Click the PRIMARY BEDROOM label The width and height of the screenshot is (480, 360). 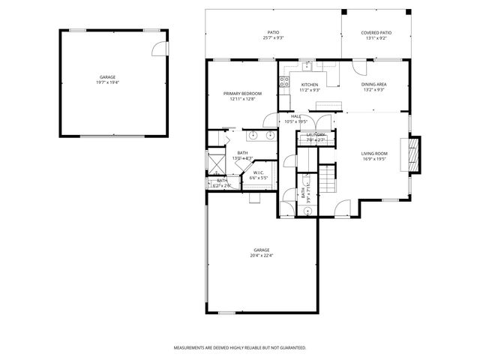[x=242, y=93]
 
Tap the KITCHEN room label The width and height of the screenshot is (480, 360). [x=310, y=85]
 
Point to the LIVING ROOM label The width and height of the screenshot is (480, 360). [x=374, y=153]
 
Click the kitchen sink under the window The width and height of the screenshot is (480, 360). [x=307, y=66]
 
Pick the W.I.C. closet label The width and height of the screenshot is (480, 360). [x=259, y=173]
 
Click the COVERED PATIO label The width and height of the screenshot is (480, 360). [x=376, y=33]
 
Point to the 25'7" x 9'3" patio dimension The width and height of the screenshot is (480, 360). [x=273, y=37]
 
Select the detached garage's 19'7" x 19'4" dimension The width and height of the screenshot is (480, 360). [x=108, y=82]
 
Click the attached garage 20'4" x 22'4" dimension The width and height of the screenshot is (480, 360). [x=261, y=255]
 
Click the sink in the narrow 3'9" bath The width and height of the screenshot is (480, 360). [x=308, y=210]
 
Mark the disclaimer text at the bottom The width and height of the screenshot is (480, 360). [x=239, y=348]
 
